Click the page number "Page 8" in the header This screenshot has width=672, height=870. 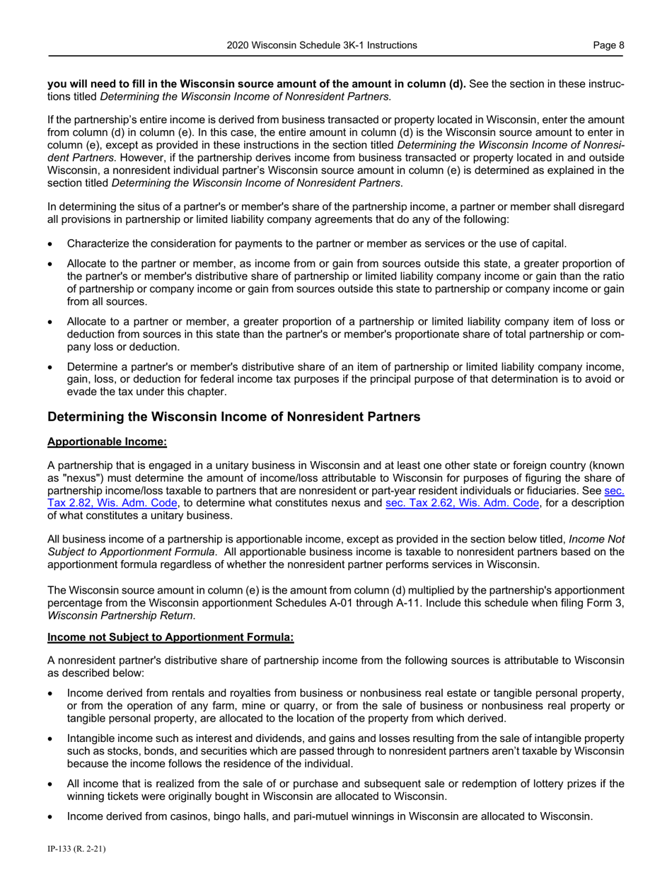coord(608,45)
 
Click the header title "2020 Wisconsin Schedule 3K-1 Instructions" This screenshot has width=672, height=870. coord(322,45)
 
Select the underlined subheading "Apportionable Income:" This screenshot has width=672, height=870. coord(107,442)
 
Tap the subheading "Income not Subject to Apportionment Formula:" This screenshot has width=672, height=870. coord(170,637)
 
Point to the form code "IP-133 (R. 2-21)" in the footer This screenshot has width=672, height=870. coord(76,849)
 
